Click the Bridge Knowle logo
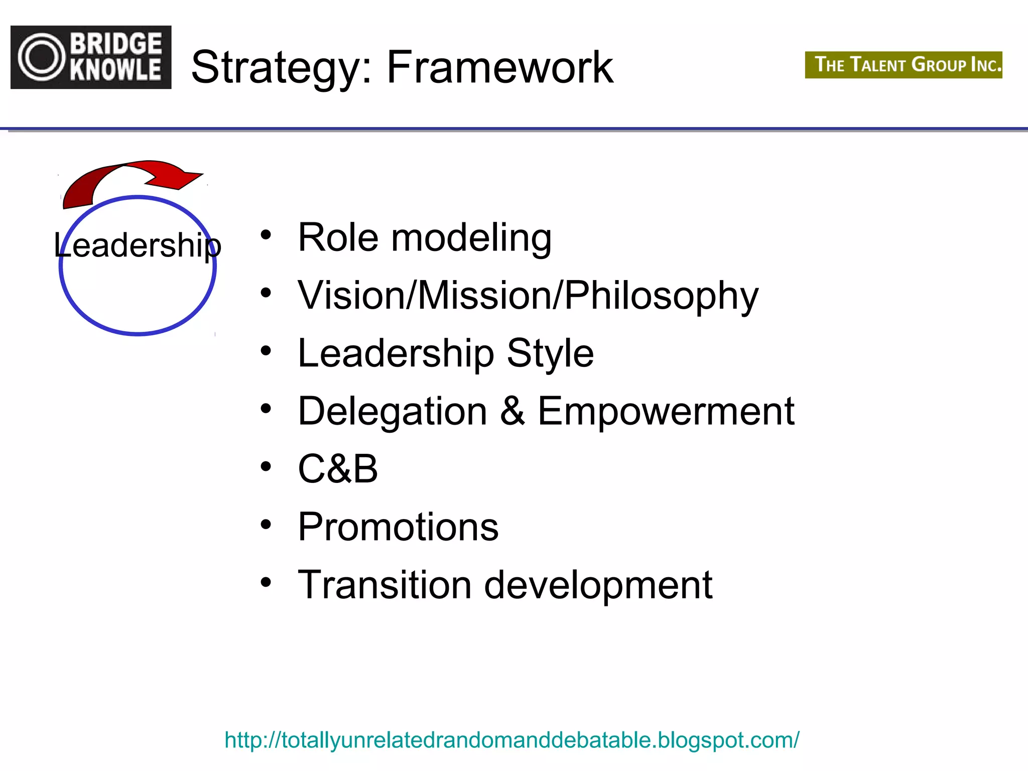(x=91, y=57)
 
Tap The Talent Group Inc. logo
(x=903, y=65)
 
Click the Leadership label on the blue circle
(x=138, y=245)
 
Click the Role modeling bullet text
(x=425, y=237)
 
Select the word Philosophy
(x=661, y=296)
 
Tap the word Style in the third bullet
(x=550, y=353)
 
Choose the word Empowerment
(x=666, y=411)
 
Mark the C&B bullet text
(x=338, y=469)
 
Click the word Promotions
(x=398, y=527)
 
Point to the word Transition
(x=384, y=585)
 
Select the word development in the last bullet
(x=598, y=586)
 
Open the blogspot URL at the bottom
(x=511, y=740)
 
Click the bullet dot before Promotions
(x=266, y=525)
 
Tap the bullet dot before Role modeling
(x=266, y=235)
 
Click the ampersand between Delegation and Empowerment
(x=512, y=411)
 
